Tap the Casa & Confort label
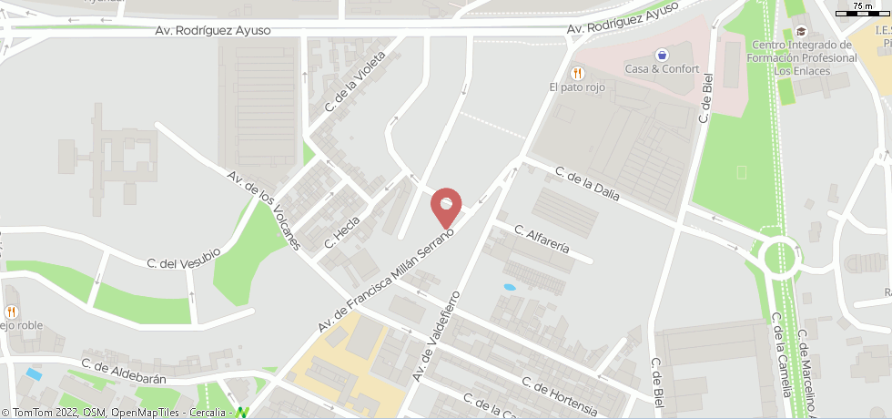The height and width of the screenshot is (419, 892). [662, 69]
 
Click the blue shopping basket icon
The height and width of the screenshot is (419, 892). [662, 55]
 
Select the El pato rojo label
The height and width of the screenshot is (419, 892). [576, 87]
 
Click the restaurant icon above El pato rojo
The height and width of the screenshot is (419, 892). [576, 73]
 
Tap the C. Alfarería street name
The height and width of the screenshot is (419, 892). [542, 239]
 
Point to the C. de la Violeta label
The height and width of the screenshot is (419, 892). [356, 81]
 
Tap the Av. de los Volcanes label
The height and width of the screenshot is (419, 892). [264, 209]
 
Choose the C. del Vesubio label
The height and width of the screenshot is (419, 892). [184, 257]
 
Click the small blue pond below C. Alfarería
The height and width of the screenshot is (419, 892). [509, 287]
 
